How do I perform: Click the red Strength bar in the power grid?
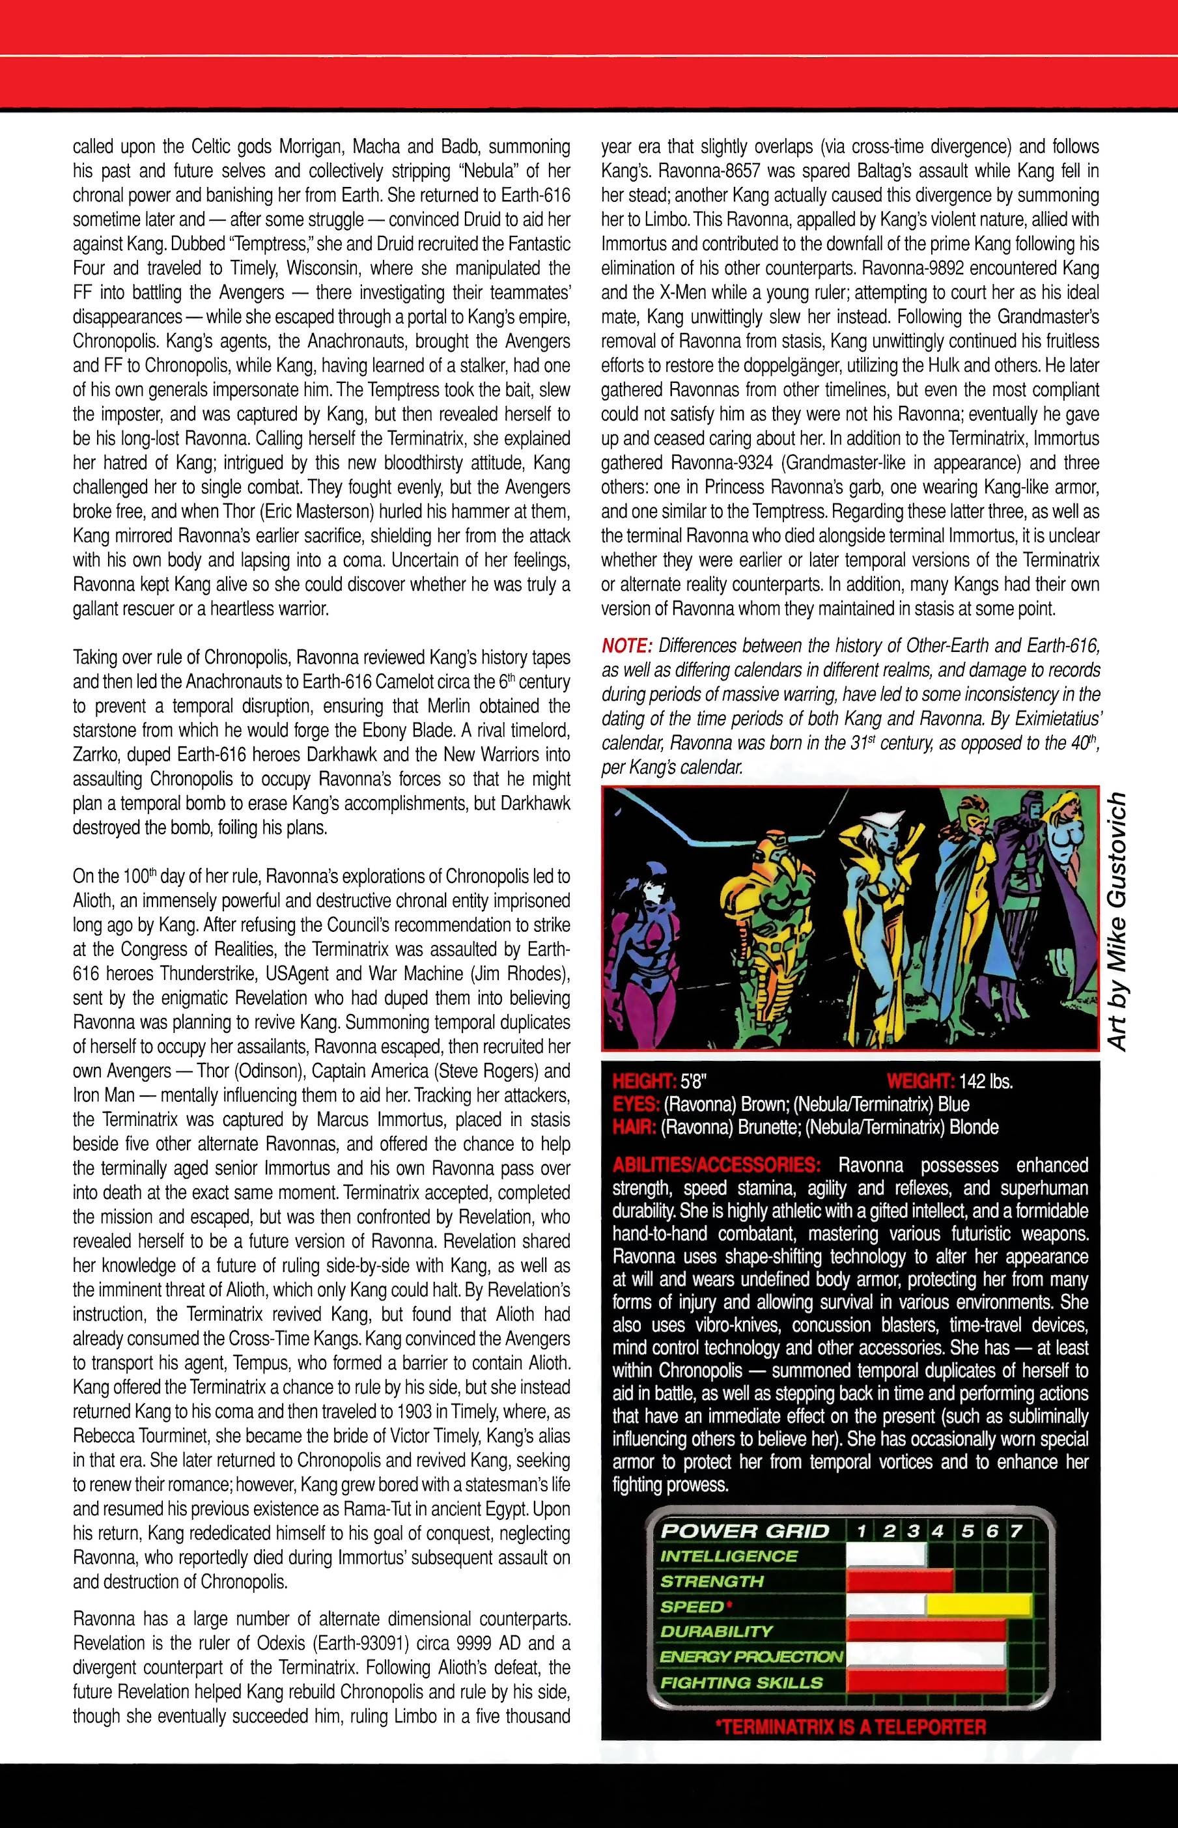pos(899,1581)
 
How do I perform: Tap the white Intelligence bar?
pos(886,1556)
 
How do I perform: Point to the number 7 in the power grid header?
pos(1016,1530)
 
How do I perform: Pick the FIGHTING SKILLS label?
pos(740,1682)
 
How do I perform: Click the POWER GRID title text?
pos(744,1530)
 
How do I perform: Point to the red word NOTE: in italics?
pos(625,645)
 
